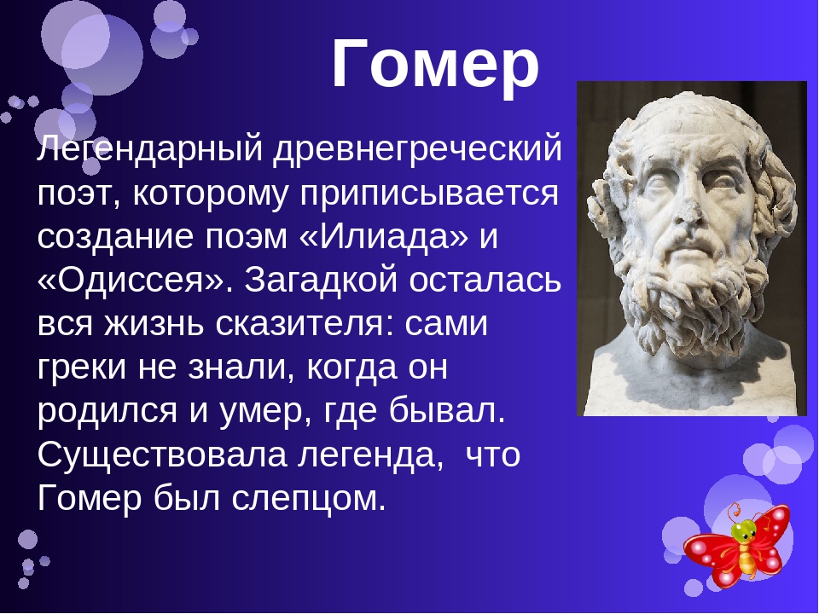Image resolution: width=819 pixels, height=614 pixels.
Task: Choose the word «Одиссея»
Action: (134, 281)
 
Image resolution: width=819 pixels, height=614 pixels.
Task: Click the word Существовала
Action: (162, 455)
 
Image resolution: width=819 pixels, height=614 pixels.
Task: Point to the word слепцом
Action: (309, 500)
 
